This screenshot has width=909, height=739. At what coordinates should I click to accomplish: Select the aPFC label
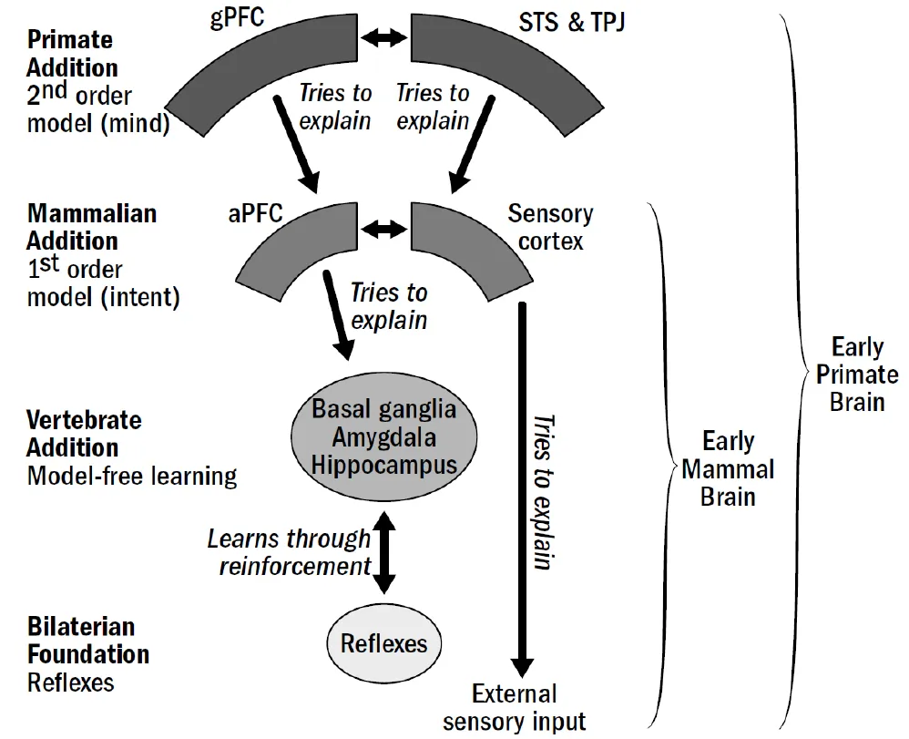257,214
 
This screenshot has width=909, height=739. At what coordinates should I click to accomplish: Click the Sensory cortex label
550,228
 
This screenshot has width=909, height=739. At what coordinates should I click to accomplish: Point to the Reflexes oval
383,643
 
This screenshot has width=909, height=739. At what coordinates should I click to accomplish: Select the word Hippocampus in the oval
383,466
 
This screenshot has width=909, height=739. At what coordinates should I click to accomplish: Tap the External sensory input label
514,708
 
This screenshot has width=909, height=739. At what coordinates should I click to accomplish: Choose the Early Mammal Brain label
728,470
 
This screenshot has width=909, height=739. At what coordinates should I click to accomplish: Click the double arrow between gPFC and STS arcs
383,37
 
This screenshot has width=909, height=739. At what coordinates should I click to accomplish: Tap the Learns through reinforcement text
289,552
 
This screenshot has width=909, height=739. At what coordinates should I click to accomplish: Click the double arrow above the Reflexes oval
384,552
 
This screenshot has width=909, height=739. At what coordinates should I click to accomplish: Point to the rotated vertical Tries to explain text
544,492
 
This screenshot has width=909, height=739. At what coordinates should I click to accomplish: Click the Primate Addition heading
72,54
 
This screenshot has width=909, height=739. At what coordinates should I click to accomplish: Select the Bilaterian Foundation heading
87,641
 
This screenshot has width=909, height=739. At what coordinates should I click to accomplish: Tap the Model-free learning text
131,476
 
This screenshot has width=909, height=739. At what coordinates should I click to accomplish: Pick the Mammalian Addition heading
91,227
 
